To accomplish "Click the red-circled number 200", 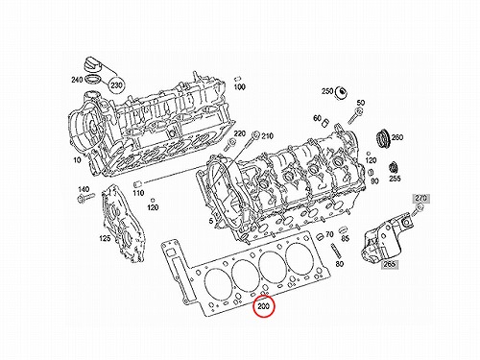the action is [264, 306].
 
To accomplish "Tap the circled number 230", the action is [116, 85].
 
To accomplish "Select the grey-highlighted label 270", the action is [420, 198].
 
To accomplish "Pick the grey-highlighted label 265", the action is [390, 264].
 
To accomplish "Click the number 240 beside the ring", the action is [77, 80].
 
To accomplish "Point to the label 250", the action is [327, 91].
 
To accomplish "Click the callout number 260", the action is [397, 137].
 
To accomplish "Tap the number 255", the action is [395, 179].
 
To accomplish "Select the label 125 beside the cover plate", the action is [105, 238].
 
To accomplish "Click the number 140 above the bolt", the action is [84, 189].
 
